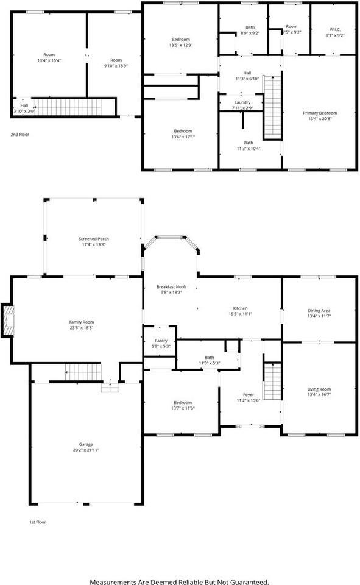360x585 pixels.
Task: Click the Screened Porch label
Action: pos(93,238)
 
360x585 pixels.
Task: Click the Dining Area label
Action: pos(319,311)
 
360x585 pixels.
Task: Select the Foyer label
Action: pos(249,395)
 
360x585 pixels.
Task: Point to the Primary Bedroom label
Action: pos(320,113)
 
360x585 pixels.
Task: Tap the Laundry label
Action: pos(242,102)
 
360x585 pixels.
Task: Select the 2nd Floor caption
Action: pos(19,134)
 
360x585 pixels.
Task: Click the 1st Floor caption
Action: pos(38,522)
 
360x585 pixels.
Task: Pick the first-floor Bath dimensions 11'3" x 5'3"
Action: pos(209,363)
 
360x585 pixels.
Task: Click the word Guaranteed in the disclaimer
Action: pos(248,582)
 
